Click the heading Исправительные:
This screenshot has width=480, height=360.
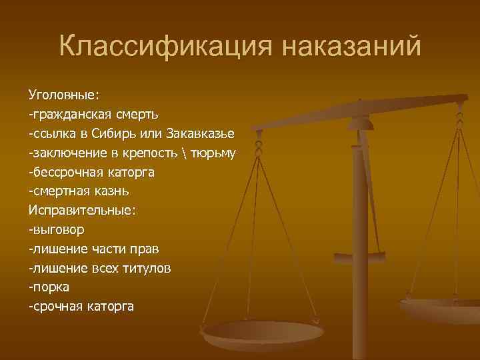[x=82, y=209]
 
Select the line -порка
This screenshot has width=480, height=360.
[x=49, y=287]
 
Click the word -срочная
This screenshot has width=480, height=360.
[x=55, y=307]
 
